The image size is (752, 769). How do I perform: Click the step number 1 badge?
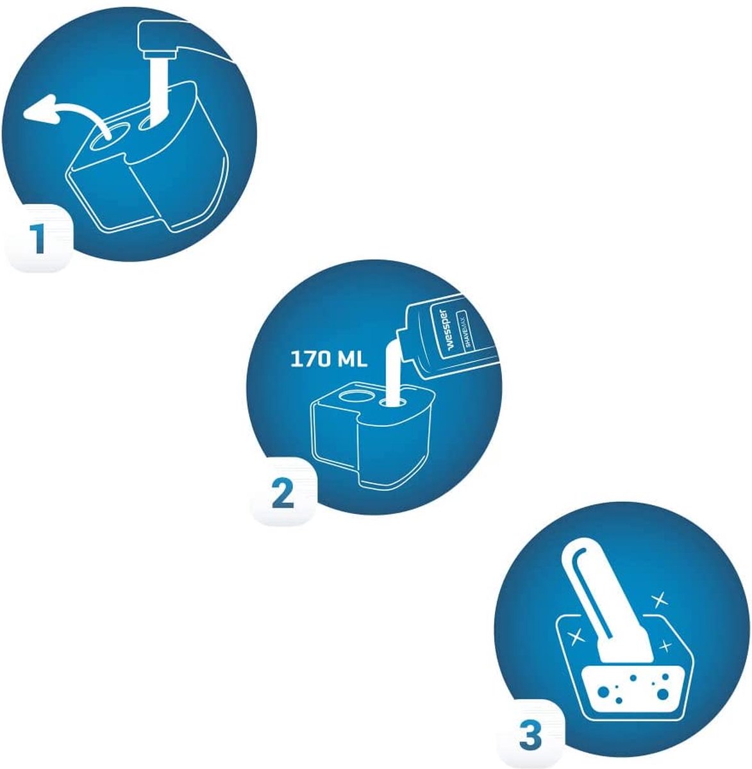click(38, 238)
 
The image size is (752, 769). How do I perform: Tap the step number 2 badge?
click(283, 492)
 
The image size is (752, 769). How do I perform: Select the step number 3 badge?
click(530, 735)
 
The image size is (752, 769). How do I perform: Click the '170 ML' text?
click(328, 360)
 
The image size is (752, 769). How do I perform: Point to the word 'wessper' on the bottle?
click(445, 328)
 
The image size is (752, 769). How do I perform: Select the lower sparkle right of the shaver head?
click(665, 647)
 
